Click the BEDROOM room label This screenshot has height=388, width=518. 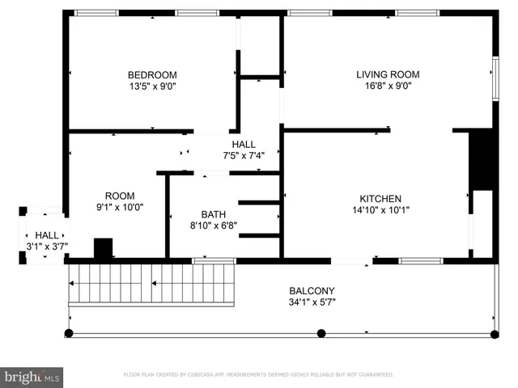tap(152, 75)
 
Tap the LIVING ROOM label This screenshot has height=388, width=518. tap(388, 74)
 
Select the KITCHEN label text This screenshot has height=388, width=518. tap(380, 199)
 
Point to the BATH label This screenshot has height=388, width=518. tap(214, 214)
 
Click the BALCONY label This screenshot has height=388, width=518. tap(312, 291)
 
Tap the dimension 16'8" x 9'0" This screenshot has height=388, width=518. tap(388, 86)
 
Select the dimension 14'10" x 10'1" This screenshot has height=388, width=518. tap(380, 210)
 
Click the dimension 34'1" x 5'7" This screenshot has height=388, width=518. tap(312, 302)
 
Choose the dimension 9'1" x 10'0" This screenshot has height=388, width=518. tap(120, 207)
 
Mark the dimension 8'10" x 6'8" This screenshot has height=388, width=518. tap(214, 226)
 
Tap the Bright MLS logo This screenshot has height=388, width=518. tap(32, 376)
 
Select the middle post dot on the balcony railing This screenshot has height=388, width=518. tap(321, 333)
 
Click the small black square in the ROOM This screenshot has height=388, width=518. tap(103, 248)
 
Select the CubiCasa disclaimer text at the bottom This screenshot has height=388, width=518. tap(258, 375)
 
